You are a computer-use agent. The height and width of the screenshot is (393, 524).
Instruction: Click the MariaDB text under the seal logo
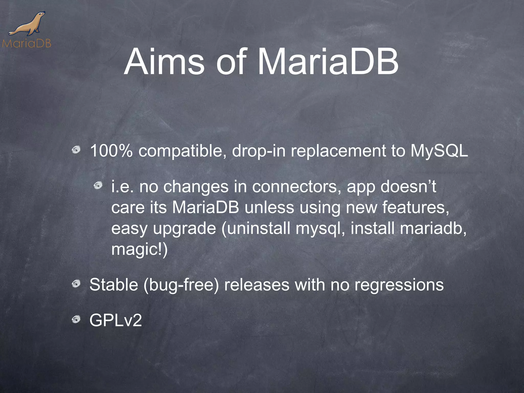(27, 43)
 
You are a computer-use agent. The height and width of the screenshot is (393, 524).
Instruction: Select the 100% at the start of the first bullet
(111, 151)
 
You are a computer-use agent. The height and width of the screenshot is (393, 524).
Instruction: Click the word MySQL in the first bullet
(439, 151)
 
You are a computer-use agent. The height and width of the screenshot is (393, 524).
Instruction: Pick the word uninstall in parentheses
(259, 228)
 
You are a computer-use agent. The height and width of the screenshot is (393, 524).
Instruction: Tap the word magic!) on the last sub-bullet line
(139, 249)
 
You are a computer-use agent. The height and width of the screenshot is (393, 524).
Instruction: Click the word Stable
(114, 285)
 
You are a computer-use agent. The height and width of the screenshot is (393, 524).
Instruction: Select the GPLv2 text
(116, 320)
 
